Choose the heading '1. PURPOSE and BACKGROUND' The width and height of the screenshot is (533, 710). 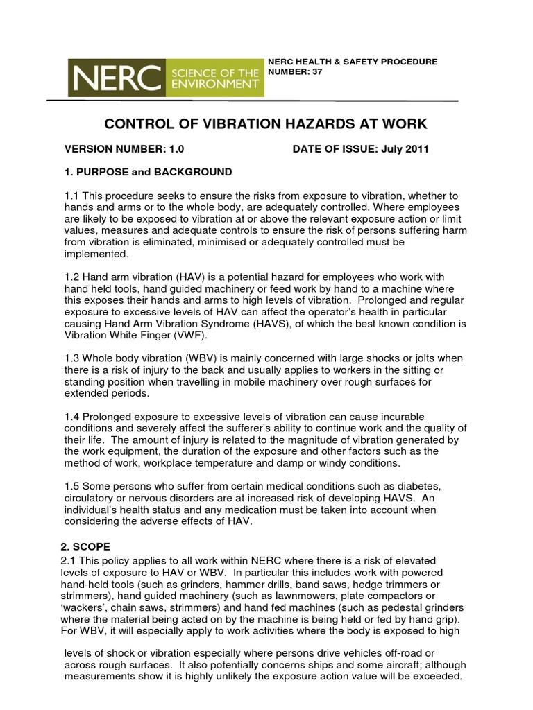pyautogui.click(x=148, y=171)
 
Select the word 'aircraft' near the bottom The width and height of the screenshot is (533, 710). pyautogui.click(x=389, y=665)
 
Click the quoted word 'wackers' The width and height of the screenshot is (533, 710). pyautogui.click(x=83, y=607)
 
